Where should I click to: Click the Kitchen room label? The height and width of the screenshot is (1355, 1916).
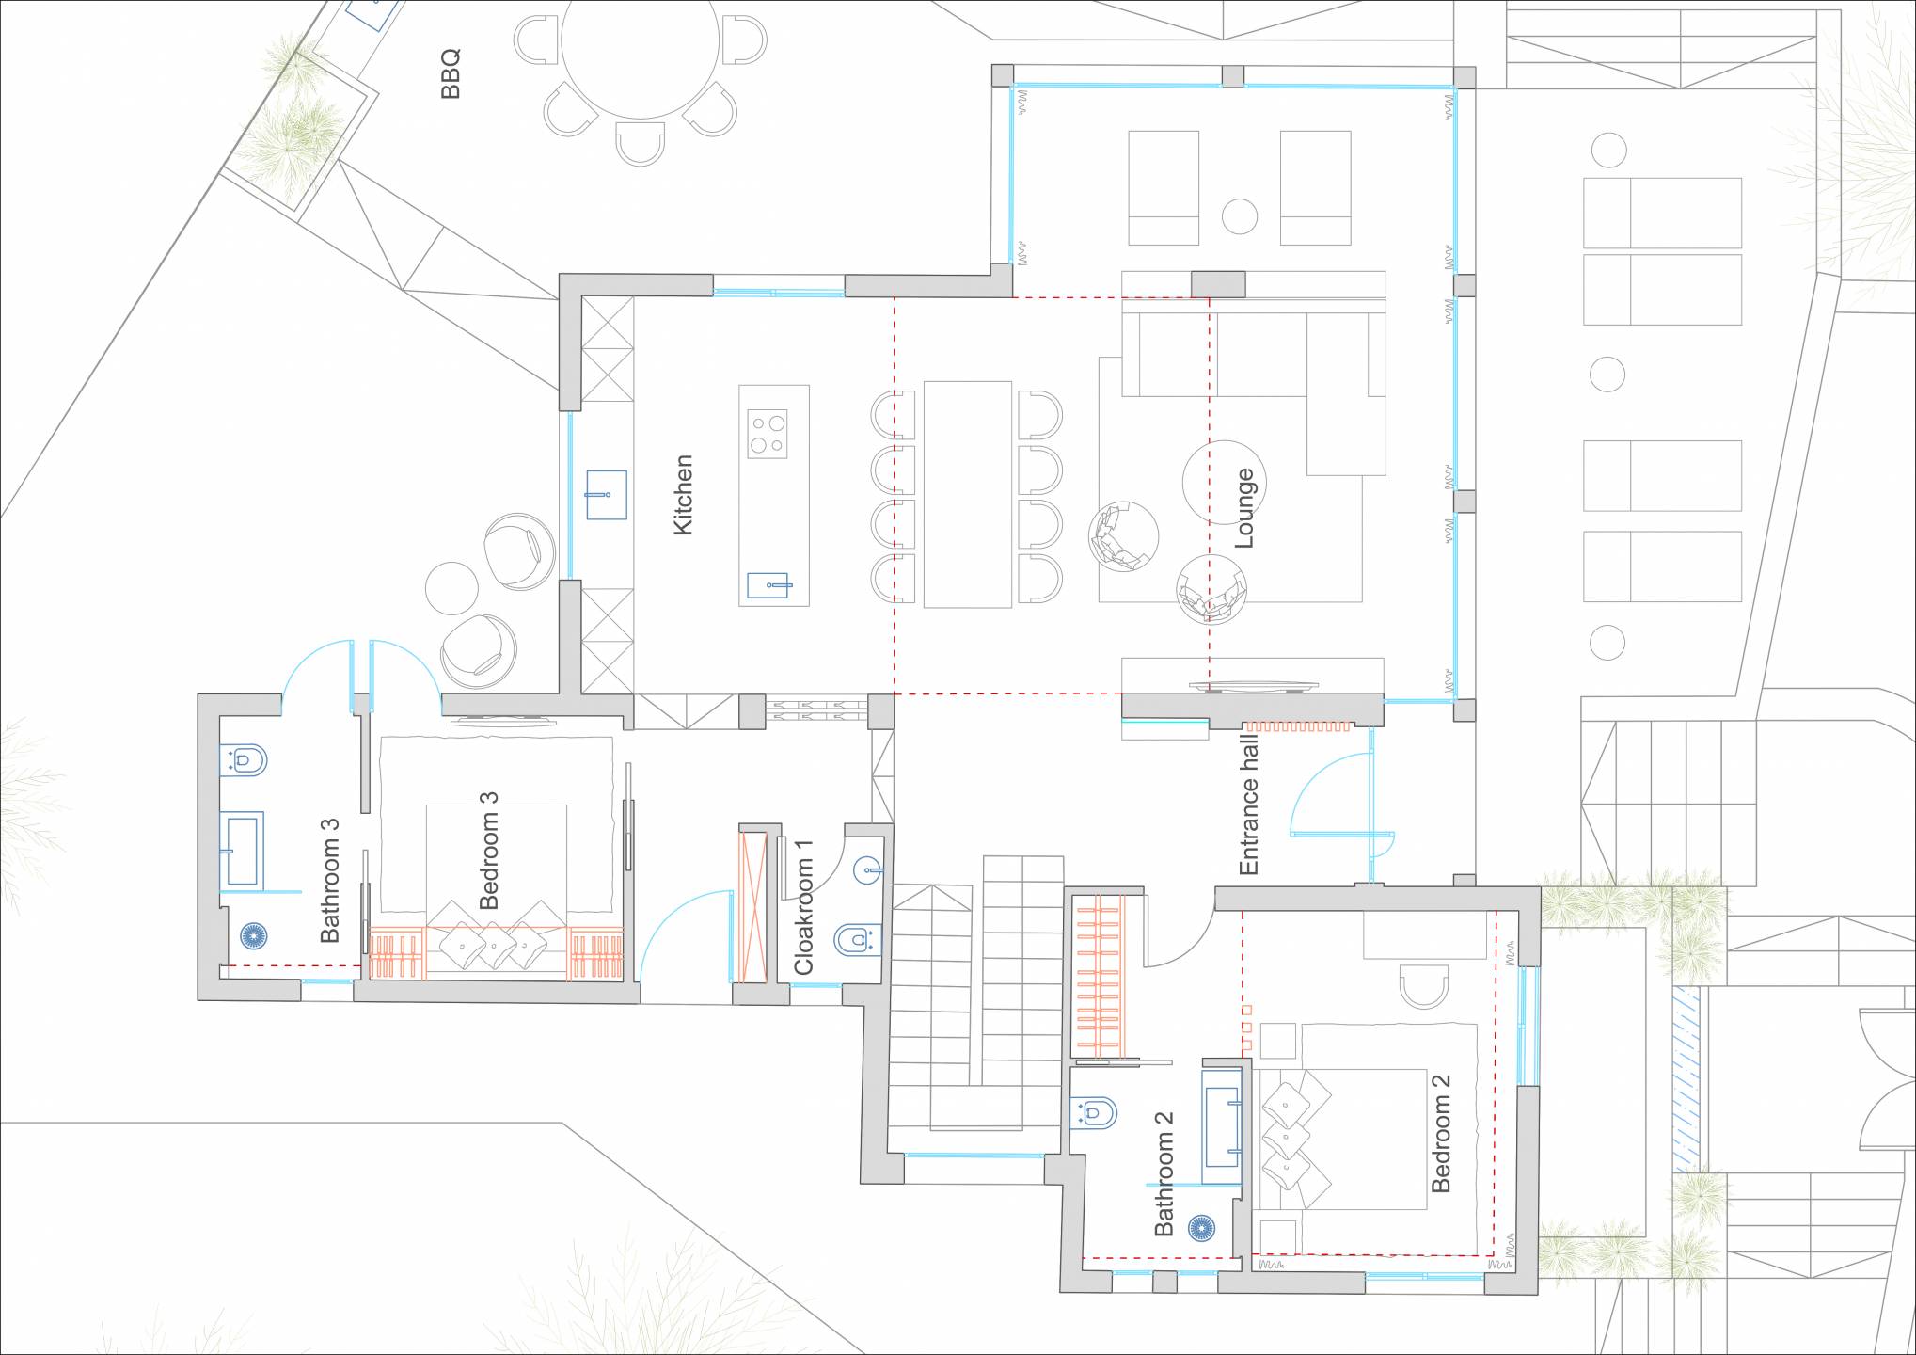[684, 495]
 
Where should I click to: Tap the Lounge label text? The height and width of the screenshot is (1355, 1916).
[1243, 508]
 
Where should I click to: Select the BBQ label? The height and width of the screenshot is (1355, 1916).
[451, 74]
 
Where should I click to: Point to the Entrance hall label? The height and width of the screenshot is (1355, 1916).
[1248, 805]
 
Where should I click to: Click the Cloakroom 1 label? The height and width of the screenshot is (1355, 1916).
[803, 907]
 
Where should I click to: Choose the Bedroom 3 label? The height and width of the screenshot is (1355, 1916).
[488, 850]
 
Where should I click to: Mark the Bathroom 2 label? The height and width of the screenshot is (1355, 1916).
[1164, 1172]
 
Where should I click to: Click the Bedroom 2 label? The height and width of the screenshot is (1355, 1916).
[1440, 1133]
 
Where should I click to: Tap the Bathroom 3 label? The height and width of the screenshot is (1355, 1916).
[329, 880]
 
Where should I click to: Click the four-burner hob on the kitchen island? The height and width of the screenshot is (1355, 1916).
[768, 434]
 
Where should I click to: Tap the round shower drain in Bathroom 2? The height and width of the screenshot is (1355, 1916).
[1200, 1227]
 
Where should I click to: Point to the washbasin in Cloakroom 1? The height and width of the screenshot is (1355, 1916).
[868, 870]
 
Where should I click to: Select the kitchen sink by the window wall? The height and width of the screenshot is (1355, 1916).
[607, 494]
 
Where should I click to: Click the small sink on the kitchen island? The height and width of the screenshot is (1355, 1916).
[769, 585]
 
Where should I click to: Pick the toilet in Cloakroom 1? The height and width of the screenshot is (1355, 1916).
[858, 939]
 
